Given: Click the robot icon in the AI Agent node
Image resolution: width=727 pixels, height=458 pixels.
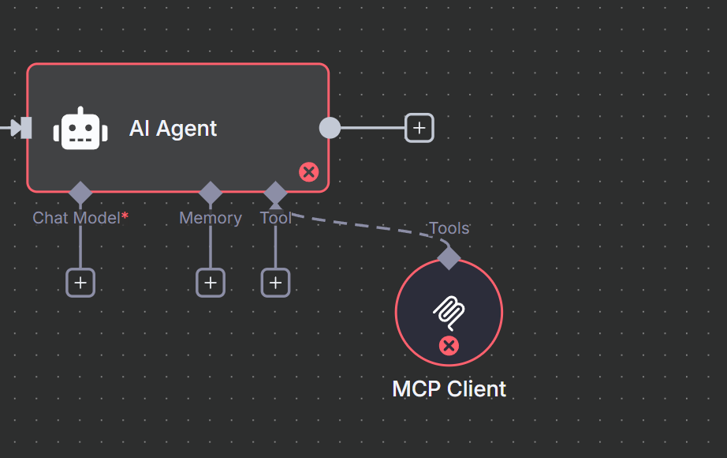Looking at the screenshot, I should (x=80, y=129).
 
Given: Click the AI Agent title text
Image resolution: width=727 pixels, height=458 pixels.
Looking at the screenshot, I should (x=173, y=129).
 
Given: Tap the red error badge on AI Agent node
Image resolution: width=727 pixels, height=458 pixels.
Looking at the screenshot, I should (x=309, y=172).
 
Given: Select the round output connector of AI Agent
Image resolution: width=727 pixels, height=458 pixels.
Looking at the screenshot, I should (x=330, y=128).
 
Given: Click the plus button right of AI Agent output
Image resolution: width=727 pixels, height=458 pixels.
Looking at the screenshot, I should (x=419, y=128).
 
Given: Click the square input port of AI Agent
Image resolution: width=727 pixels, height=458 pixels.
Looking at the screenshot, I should (x=26, y=128).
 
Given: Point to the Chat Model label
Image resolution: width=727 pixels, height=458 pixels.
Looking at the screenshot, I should (x=76, y=218).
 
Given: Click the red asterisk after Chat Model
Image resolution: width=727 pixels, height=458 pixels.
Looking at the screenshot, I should (x=125, y=216).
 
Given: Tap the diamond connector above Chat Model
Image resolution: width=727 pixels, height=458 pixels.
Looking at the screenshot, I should (x=80, y=193).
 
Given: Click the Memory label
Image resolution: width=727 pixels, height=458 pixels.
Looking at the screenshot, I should (x=211, y=218).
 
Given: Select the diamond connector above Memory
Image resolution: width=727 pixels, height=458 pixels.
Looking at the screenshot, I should (x=211, y=193).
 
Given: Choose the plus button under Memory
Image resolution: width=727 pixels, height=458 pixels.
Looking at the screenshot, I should (x=211, y=283).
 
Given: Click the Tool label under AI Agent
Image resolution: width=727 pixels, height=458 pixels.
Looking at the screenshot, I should (x=275, y=218).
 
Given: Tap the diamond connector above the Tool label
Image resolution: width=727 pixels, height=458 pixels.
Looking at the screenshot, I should (x=275, y=193).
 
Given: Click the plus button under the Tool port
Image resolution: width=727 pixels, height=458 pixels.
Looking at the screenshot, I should (x=275, y=283).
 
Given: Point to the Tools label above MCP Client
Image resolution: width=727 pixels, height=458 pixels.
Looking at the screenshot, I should (x=449, y=228).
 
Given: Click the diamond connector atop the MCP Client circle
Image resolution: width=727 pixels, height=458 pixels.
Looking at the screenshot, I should (x=449, y=257).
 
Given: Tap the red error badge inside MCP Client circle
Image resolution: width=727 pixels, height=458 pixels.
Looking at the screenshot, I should (x=449, y=345).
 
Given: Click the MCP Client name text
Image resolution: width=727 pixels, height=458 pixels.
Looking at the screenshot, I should (x=449, y=389).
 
